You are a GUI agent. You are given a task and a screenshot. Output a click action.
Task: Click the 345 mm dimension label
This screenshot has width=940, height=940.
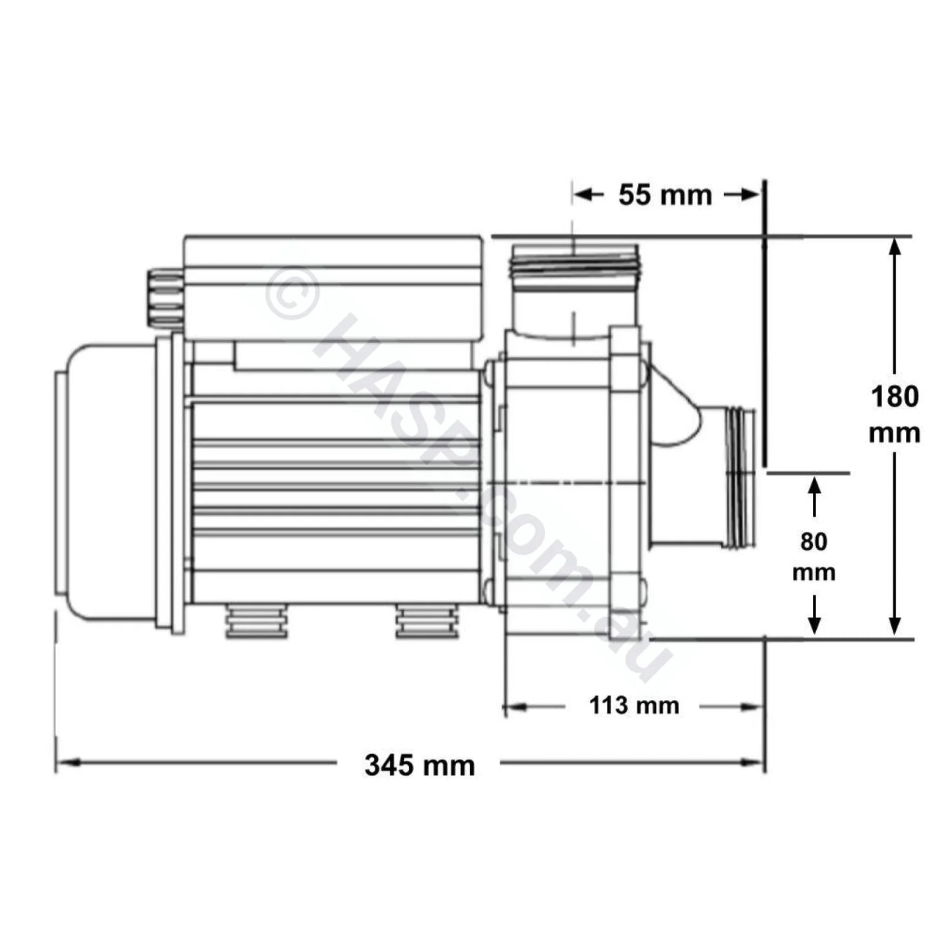pyautogui.click(x=419, y=765)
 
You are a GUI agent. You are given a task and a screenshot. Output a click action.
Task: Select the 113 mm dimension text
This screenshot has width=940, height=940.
pyautogui.click(x=633, y=705)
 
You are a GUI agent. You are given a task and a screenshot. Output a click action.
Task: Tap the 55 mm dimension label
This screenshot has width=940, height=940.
pyautogui.click(x=664, y=195)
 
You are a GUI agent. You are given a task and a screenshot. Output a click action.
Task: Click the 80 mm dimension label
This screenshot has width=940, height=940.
pyautogui.click(x=814, y=557)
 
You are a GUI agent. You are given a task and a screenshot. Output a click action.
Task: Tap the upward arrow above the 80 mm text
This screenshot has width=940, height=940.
pyautogui.click(x=814, y=488)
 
